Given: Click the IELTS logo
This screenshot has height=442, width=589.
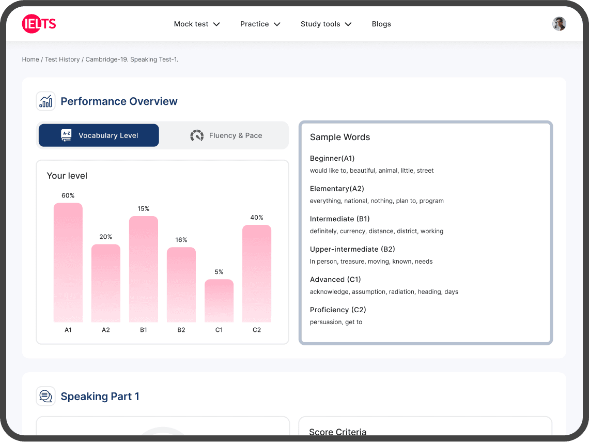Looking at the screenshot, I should coord(39,24).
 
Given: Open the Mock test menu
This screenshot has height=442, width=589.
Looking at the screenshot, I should coord(197,24).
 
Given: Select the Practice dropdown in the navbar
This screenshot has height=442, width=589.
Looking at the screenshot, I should coord(260,24).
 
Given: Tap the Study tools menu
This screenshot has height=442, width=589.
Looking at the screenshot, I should coord(326,24).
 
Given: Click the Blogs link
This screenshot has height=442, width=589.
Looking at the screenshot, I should coord(381,24).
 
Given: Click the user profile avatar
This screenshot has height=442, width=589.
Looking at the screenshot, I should coord(559,24).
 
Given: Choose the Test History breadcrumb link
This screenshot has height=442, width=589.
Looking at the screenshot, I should coord(62,59).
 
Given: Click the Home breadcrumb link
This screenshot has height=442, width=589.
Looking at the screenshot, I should coord(30,59).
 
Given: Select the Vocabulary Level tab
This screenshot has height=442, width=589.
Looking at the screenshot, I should coord(99,135).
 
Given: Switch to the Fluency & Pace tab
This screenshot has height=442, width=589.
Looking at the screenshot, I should coord(226,135).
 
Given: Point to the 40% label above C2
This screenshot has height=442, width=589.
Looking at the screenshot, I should coord(257,218).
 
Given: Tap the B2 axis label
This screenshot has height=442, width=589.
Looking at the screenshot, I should coord(181,330).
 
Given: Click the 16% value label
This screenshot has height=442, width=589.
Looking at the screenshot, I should coord(181,240).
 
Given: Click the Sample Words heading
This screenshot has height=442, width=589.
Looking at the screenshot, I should coord(340,138).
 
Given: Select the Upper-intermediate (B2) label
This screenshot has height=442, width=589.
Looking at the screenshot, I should coord(352,249).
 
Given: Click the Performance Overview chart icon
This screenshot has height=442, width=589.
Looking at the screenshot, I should coord(46,101).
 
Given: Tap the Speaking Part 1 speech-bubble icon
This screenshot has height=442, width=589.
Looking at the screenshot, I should coord(46,397).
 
